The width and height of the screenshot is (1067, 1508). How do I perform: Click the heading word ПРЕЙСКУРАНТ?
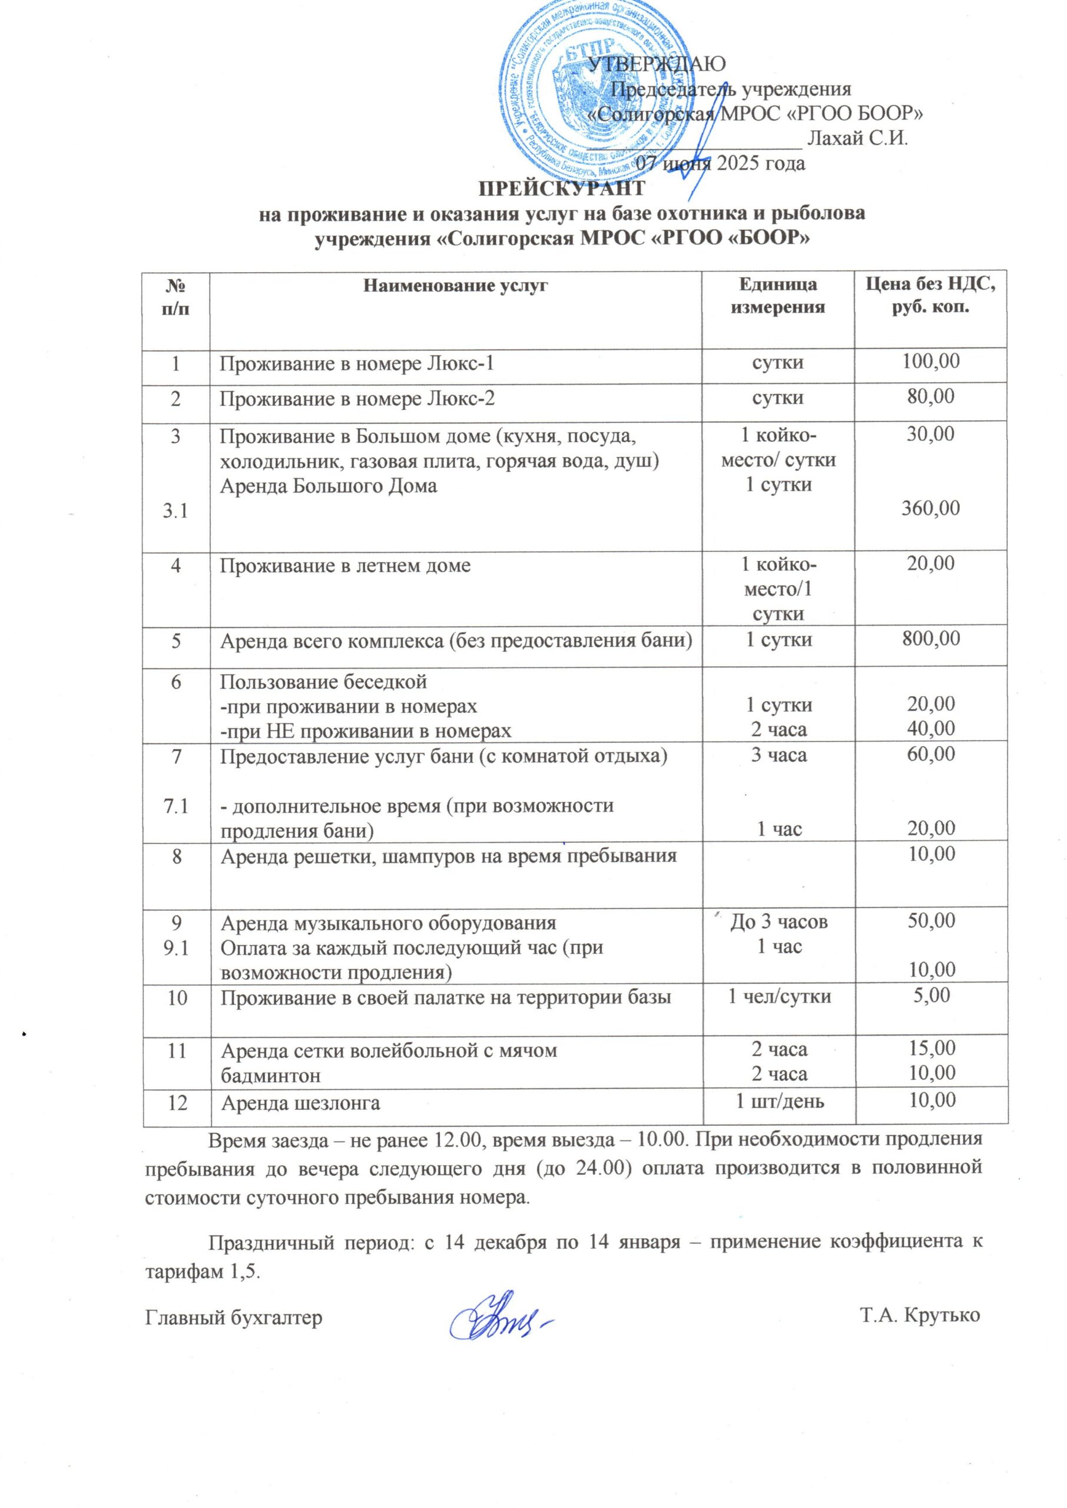pyautogui.click(x=561, y=188)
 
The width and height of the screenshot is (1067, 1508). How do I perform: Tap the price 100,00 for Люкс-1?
pyautogui.click(x=931, y=360)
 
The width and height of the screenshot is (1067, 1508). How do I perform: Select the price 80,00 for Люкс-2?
pyautogui.click(x=931, y=396)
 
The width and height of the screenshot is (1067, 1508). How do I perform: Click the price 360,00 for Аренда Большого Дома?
pyautogui.click(x=931, y=508)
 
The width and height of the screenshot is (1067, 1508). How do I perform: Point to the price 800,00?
pyautogui.click(x=931, y=638)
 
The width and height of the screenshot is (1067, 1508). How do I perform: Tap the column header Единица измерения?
pyautogui.click(x=778, y=295)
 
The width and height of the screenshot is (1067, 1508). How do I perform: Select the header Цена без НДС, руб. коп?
pyautogui.click(x=931, y=295)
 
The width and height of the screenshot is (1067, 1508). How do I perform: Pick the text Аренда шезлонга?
pyautogui.click(x=300, y=1103)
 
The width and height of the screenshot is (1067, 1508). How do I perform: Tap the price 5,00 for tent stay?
pyautogui.click(x=932, y=995)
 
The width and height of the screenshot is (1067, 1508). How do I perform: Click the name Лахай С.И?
pyautogui.click(x=857, y=138)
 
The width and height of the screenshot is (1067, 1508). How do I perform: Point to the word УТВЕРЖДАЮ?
pyautogui.click(x=657, y=64)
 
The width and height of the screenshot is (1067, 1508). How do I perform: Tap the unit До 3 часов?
pyautogui.click(x=779, y=922)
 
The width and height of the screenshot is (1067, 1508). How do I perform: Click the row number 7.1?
pyautogui.click(x=176, y=806)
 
